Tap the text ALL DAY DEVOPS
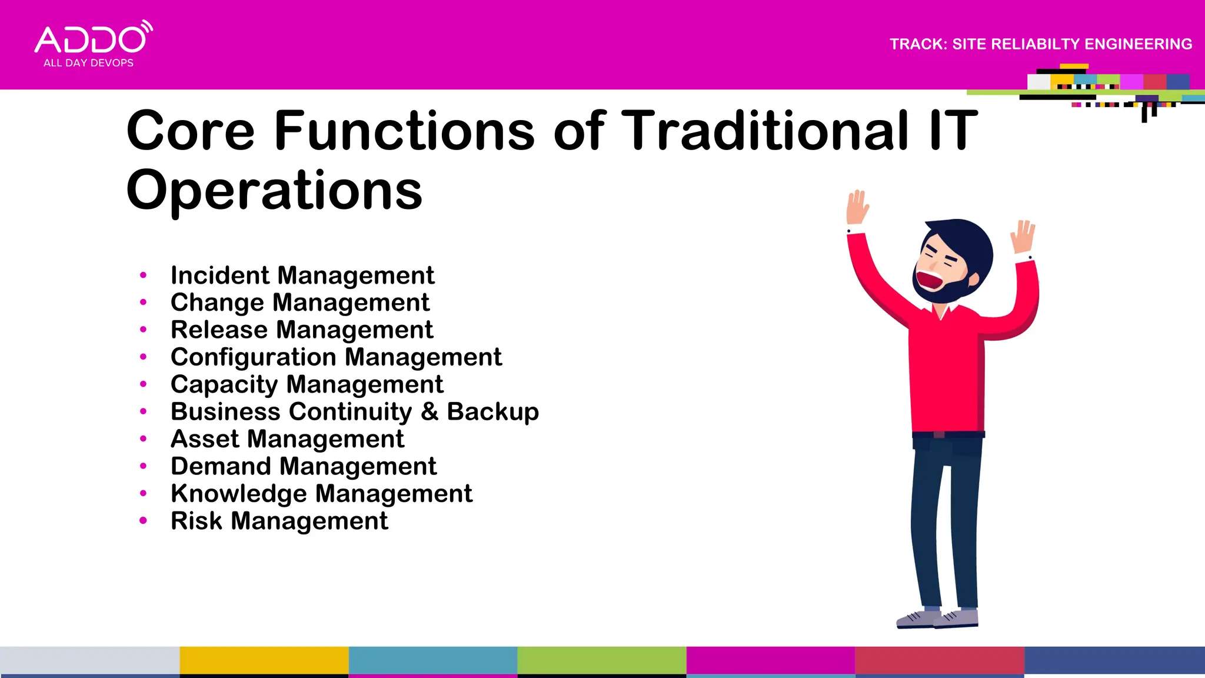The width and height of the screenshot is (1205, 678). (88, 63)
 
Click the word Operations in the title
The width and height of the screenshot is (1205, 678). (274, 191)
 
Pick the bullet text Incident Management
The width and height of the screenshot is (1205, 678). (302, 275)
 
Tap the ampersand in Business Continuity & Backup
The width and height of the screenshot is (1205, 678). (430, 411)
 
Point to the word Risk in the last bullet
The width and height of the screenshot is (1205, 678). (196, 521)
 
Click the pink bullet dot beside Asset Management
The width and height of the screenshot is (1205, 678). (143, 438)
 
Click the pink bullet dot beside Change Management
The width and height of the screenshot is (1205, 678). (143, 302)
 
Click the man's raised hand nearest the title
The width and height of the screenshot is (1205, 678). (857, 207)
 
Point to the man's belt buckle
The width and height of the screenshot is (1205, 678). (939, 435)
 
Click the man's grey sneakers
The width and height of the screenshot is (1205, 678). (938, 619)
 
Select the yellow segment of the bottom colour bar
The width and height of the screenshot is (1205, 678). (264, 660)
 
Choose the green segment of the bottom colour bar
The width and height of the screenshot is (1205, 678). (601, 660)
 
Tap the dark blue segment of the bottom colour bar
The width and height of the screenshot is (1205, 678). (1114, 660)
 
